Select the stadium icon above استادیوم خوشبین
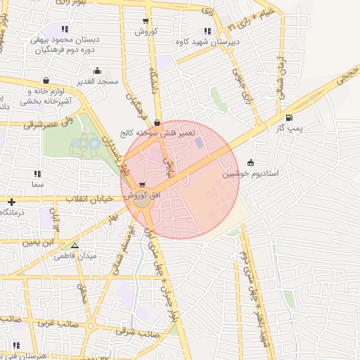[251, 162]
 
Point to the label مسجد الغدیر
[97, 82]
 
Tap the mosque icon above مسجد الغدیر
[97, 71]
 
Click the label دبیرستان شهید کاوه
[207, 41]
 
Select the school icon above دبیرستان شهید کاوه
[207, 30]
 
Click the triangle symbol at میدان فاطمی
[75, 245]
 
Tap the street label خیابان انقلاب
[89, 200]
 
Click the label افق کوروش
[147, 195]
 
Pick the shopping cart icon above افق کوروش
[143, 184]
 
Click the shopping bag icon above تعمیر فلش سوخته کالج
[166, 122]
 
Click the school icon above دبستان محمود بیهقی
[65, 30]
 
